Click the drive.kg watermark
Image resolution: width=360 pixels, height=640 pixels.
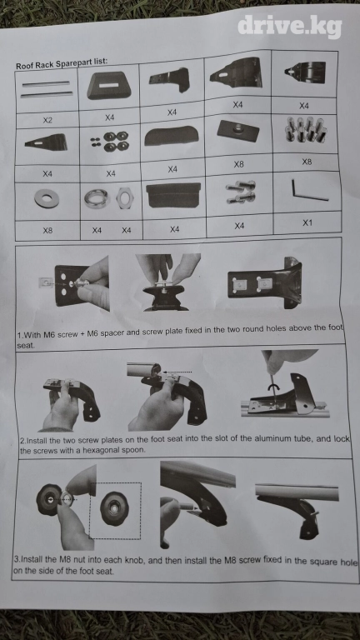tap(289, 27)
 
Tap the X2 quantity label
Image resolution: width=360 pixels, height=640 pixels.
tap(47, 120)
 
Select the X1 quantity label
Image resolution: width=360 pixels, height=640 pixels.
tap(307, 222)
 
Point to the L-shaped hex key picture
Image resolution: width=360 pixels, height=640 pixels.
tap(309, 191)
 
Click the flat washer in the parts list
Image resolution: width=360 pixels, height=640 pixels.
tap(47, 199)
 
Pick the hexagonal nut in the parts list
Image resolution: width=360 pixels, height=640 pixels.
tap(124, 198)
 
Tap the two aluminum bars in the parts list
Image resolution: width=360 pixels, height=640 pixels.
tap(46, 89)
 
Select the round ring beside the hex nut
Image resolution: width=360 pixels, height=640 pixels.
tap(97, 199)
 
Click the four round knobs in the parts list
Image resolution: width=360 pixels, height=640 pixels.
tap(116, 141)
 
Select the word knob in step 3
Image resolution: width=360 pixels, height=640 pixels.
tap(135, 561)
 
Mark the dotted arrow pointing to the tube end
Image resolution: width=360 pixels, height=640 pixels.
tap(177, 372)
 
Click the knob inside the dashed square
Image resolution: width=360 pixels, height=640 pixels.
tap(114, 508)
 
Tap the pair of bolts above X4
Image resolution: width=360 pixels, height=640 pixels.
tap(241, 192)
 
